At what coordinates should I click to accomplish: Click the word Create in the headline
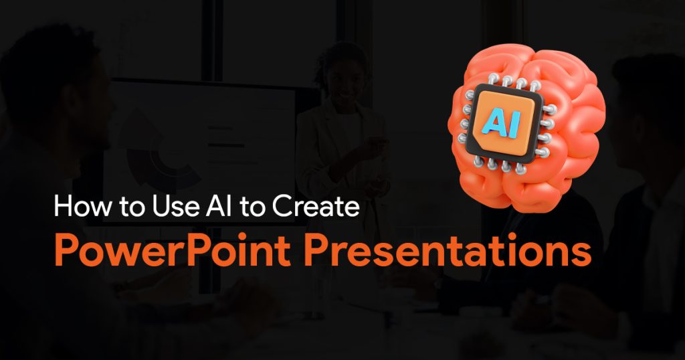click(x=316, y=205)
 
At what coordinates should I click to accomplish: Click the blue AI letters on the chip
click(x=502, y=122)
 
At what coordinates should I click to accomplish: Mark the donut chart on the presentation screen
click(x=163, y=153)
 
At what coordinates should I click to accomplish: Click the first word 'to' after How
click(x=131, y=206)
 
